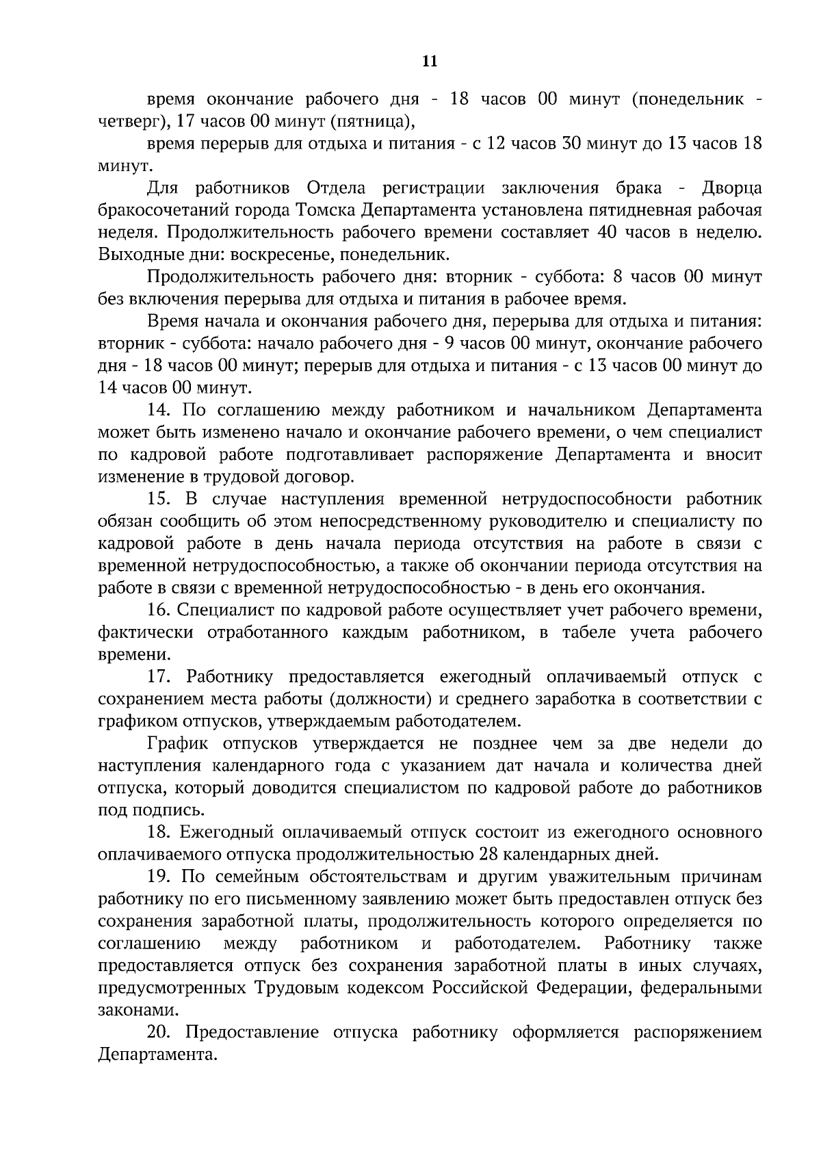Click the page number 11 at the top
pyautogui.click(x=430, y=62)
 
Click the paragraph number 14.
pyautogui.click(x=159, y=411)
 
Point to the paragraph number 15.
pyautogui.click(x=159, y=500)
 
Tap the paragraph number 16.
pyautogui.click(x=159, y=610)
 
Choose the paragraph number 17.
pyautogui.click(x=159, y=677)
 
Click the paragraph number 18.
pyautogui.click(x=159, y=833)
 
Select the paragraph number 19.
pyautogui.click(x=159, y=877)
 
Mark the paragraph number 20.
pyautogui.click(x=159, y=1033)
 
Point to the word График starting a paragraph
pyautogui.click(x=177, y=744)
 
